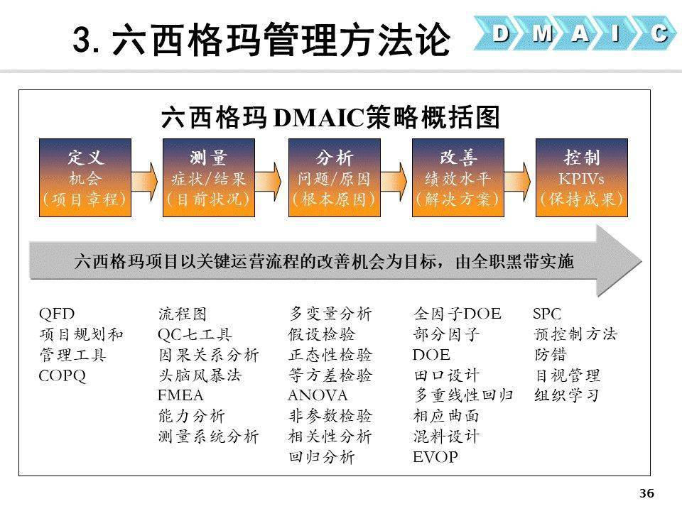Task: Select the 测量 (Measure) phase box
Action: (209, 177)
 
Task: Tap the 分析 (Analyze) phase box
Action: (334, 177)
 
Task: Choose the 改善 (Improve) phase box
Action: (458, 177)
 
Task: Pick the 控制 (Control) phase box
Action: (582, 177)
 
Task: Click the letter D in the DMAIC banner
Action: (502, 33)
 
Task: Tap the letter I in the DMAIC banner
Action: (616, 33)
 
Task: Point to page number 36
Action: (646, 494)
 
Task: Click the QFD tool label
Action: (57, 314)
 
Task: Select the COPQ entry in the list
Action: (63, 375)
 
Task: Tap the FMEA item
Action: (180, 395)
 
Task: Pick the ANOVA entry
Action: (318, 395)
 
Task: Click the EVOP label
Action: (435, 457)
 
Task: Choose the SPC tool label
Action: (547, 314)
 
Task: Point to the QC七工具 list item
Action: (195, 334)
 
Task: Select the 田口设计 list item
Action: (446, 375)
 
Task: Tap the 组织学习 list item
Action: (567, 395)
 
